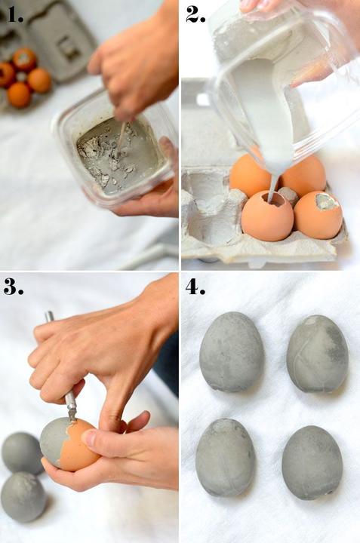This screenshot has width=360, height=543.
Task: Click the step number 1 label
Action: (15, 14)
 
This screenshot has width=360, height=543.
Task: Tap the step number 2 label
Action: (195, 14)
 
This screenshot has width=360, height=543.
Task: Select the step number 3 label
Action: (14, 286)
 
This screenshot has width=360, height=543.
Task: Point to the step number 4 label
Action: (195, 286)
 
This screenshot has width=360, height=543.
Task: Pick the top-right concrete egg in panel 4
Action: (318, 354)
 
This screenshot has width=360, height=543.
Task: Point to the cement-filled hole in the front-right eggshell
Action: (327, 201)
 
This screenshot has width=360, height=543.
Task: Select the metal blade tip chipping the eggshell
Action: (72, 414)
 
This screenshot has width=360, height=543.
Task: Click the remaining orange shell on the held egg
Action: (78, 446)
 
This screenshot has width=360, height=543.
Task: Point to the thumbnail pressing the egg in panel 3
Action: (89, 437)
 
